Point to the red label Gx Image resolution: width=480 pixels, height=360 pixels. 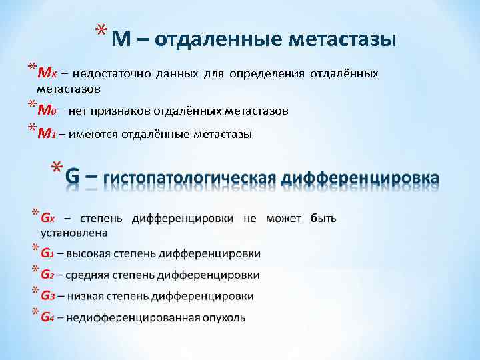[48, 218]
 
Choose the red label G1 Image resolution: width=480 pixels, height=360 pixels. [47, 253]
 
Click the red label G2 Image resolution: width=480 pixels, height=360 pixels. [47, 275]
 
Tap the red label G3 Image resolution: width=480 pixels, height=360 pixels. [47, 295]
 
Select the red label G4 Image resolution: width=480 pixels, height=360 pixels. [47, 317]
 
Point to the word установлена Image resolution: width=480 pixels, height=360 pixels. [74, 233]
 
